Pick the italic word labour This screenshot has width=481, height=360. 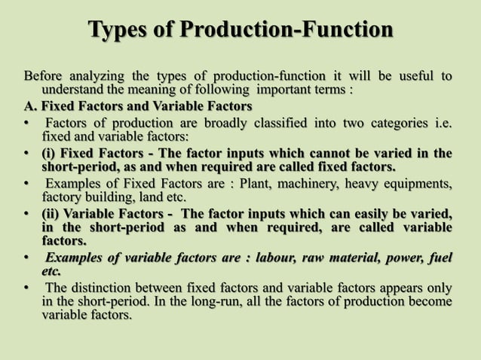(x=278, y=258)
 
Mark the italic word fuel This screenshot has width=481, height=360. (x=439, y=258)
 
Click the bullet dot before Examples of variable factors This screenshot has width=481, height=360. (x=28, y=258)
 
